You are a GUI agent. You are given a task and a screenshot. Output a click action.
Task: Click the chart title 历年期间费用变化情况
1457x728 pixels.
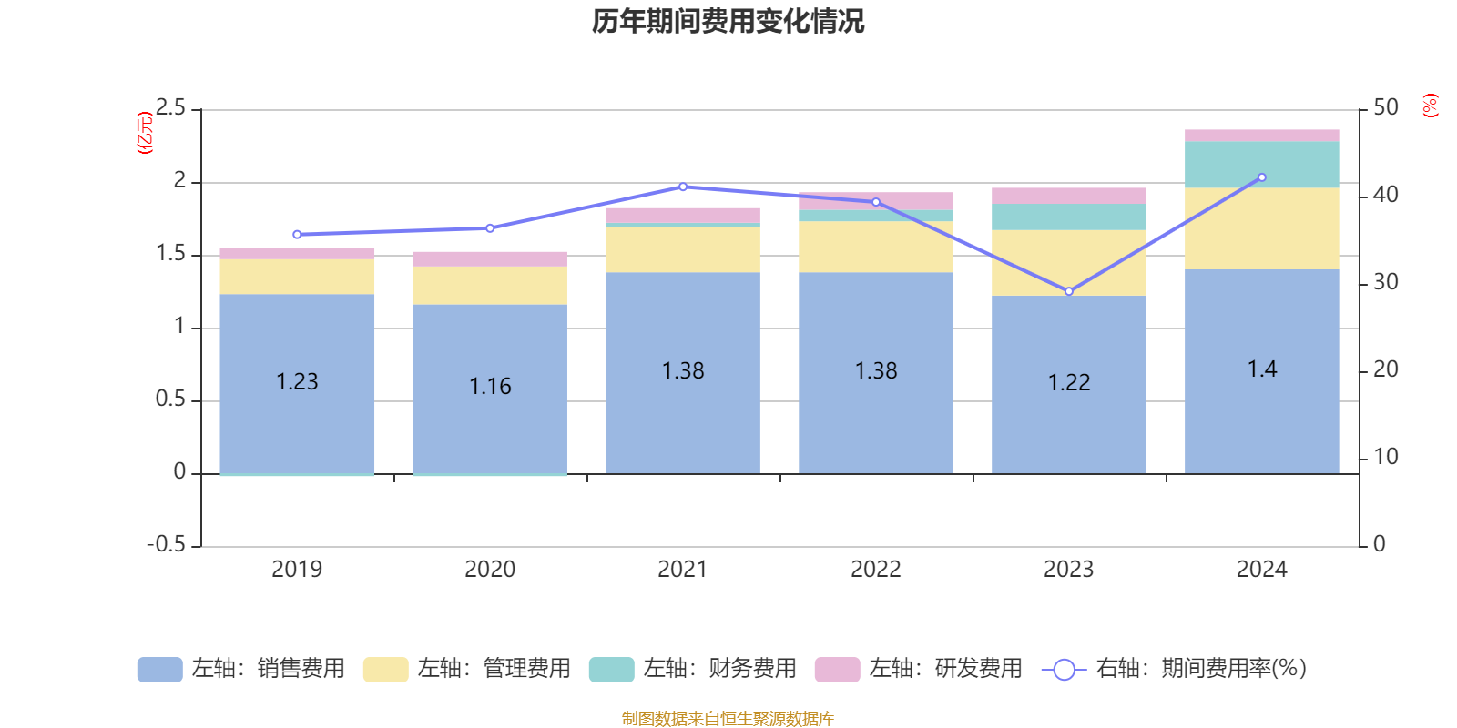(728, 21)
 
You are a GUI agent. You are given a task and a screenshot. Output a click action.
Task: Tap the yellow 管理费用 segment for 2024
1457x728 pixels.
(1261, 228)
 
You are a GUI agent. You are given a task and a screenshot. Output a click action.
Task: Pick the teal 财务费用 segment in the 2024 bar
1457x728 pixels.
(1261, 165)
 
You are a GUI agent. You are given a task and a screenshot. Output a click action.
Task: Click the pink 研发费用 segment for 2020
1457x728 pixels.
(490, 259)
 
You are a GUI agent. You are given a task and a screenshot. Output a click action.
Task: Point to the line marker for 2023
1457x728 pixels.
(1069, 291)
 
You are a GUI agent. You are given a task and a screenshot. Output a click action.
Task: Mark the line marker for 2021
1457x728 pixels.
(683, 187)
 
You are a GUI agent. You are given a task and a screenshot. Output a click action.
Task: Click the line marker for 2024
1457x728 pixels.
(1261, 177)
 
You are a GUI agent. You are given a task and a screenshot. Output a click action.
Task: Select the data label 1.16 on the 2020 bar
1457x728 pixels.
(490, 387)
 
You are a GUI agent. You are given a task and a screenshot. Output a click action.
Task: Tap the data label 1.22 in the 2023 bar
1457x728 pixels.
(1069, 383)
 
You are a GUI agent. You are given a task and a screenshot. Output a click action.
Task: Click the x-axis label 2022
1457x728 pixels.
(876, 570)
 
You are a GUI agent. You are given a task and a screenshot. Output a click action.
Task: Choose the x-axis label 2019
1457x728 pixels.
(297, 570)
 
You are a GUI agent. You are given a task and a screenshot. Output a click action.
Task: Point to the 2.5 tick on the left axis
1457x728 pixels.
(170, 108)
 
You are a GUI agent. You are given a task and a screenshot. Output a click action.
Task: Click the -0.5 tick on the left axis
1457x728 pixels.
(167, 545)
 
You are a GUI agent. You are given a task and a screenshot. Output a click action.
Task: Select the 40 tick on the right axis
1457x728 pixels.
(1385, 195)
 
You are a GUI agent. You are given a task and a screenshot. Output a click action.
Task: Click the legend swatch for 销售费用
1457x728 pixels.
(159, 670)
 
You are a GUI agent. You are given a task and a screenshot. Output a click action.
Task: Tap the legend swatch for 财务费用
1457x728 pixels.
(611, 670)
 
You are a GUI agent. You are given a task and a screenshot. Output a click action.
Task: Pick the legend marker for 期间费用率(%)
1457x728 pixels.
(1064, 670)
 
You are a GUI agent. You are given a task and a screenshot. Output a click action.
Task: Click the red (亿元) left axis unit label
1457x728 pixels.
(144, 133)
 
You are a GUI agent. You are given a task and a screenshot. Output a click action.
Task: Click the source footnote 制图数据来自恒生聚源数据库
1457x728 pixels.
(728, 719)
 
